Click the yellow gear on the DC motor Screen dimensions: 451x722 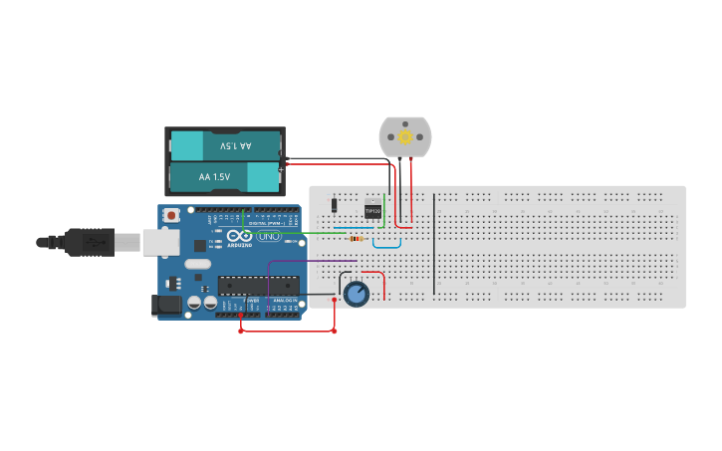405,136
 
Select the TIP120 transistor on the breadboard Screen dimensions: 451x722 372,210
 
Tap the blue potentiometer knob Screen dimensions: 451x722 356,293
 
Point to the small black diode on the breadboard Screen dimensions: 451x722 334,205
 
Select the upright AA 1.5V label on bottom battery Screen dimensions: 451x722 214,177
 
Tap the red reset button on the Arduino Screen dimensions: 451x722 172,214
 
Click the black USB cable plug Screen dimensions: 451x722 90,241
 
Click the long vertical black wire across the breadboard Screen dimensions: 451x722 434,244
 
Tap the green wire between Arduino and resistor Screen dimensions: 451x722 299,233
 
